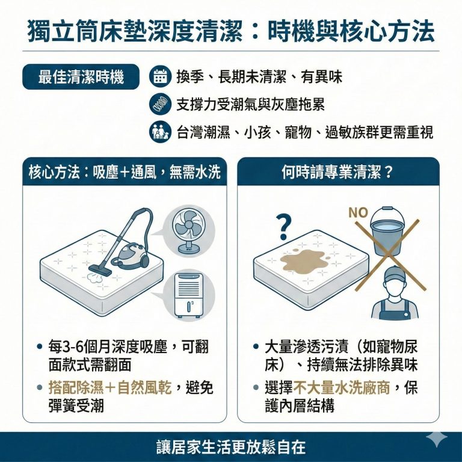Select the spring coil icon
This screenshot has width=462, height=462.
159,105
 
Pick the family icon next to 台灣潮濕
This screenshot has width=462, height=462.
159,132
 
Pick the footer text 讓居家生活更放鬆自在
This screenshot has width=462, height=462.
230,447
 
